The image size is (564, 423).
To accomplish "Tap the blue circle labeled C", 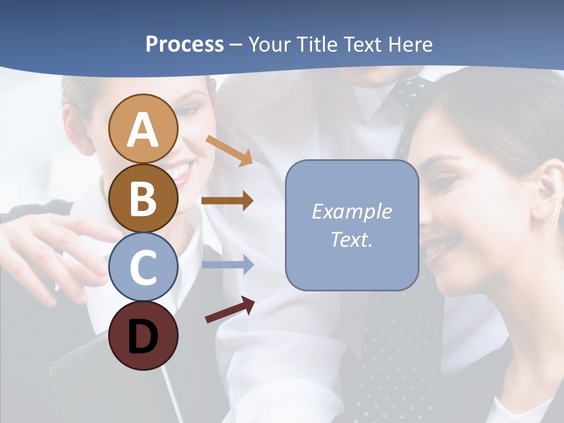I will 143,267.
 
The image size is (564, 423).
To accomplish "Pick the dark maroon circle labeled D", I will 143,335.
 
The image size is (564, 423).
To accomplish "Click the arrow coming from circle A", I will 229,150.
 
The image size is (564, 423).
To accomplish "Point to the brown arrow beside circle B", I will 227,201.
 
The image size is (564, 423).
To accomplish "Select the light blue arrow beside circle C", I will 227,265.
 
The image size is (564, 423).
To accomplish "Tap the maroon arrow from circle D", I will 230,310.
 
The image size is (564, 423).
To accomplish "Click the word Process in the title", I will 184,44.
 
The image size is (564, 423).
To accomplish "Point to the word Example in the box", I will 351,211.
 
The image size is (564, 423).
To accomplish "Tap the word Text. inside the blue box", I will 351,239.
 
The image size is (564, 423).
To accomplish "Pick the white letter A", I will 143,129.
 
